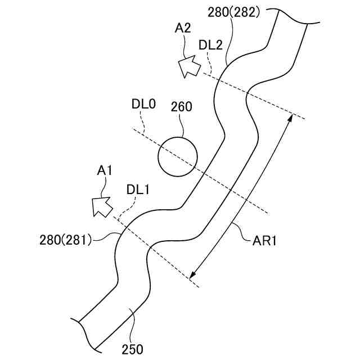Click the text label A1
pos(105,170)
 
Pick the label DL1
pos(138,190)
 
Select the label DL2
pos(211,45)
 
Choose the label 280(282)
pos(234,12)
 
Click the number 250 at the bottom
pos(132,349)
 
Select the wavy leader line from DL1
pos(125,208)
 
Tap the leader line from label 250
pos(133,323)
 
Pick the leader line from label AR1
pos(241,231)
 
